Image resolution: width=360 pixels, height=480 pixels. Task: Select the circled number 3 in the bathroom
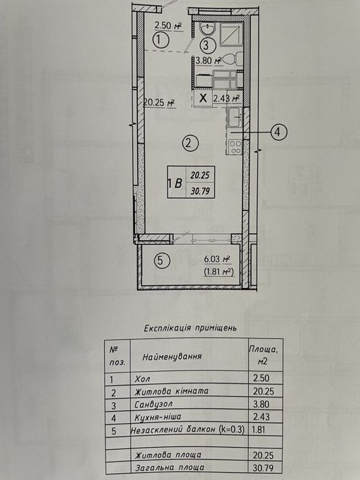click(x=206, y=46)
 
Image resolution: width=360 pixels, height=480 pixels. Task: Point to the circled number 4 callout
click(x=278, y=132)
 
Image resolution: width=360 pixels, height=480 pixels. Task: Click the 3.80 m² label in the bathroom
click(x=209, y=60)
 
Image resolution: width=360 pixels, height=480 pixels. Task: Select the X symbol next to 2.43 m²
click(x=203, y=98)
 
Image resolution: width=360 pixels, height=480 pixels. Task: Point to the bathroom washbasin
click(x=208, y=29)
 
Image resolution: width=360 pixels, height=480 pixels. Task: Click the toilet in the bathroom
click(x=233, y=59)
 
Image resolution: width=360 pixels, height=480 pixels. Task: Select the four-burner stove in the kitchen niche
click(x=235, y=147)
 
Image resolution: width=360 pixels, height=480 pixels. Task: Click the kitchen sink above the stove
click(x=235, y=117)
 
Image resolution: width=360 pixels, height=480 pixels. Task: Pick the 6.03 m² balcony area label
click(x=217, y=260)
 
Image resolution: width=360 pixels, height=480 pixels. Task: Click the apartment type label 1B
click(x=176, y=183)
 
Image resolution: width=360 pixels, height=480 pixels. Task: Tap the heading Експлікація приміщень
click(x=190, y=328)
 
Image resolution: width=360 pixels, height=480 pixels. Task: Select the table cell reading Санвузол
click(x=154, y=405)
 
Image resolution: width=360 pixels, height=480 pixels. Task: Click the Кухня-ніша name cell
click(x=158, y=417)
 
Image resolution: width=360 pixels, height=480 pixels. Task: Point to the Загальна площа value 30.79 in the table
click(x=263, y=468)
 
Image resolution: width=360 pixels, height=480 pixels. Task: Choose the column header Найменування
click(x=172, y=357)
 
